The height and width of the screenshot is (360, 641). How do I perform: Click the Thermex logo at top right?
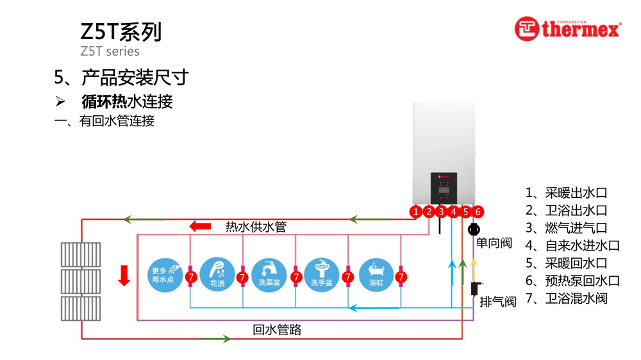pyautogui.click(x=567, y=29)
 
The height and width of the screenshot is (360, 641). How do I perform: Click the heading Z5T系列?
pyautogui.click(x=121, y=31)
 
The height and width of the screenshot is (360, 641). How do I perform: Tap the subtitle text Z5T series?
pyautogui.click(x=110, y=51)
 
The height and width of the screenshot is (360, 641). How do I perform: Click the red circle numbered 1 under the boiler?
pyautogui.click(x=416, y=211)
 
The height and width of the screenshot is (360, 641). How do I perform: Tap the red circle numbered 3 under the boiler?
pyautogui.click(x=441, y=211)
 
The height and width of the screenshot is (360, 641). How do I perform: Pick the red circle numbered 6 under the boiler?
pyautogui.click(x=478, y=211)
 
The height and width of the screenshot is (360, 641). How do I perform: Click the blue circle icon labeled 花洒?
pyautogui.click(x=217, y=275)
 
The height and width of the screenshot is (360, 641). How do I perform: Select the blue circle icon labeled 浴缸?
pyautogui.click(x=376, y=275)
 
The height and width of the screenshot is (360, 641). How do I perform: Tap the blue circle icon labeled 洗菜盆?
pyautogui.click(x=269, y=275)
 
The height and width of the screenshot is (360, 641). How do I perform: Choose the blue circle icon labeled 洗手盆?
pyautogui.click(x=322, y=275)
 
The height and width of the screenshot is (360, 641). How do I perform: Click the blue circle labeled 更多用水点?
pyautogui.click(x=165, y=275)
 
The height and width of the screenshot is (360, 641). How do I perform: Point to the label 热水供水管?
pyautogui.click(x=256, y=227)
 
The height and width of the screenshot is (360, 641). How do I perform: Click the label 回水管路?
pyautogui.click(x=277, y=330)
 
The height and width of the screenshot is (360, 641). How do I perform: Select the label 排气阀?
pyautogui.click(x=498, y=302)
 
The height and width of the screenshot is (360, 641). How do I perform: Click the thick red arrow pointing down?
pyautogui.click(x=124, y=275)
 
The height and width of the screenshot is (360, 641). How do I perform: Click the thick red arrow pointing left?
pyautogui.click(x=201, y=226)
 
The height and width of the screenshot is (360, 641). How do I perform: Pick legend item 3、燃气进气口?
pyautogui.click(x=566, y=228)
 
